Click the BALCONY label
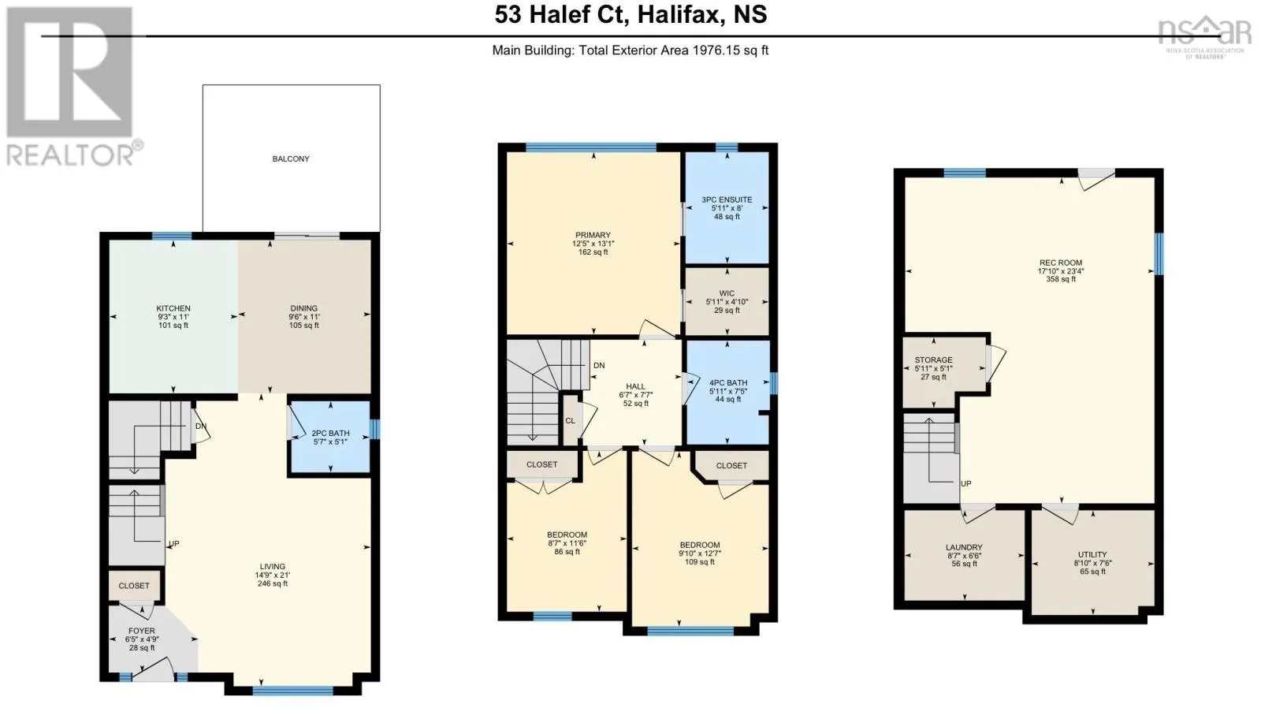(291, 158)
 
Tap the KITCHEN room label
(173, 308)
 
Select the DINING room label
(304, 308)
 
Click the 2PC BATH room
(330, 437)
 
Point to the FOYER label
(142, 631)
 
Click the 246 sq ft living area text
(273, 583)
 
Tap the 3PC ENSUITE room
(727, 207)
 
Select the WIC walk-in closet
(727, 301)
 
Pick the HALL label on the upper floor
(635, 386)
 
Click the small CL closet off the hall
(571, 420)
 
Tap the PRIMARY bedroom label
(593, 235)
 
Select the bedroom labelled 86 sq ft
(567, 542)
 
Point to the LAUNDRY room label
(965, 547)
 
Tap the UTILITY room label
(1092, 554)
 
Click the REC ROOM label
(1061, 263)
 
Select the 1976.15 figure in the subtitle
(711, 50)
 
